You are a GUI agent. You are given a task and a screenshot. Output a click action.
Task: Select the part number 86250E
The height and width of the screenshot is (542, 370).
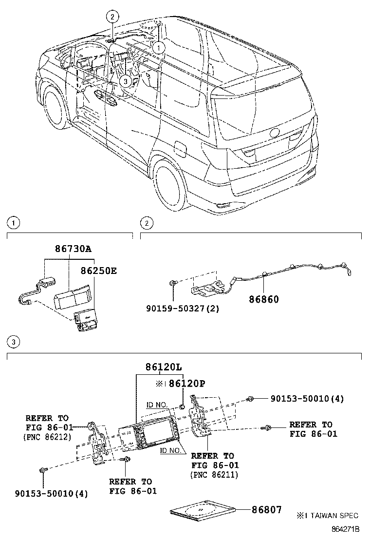98,271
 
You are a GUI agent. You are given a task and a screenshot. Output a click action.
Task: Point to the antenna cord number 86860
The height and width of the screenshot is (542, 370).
262,299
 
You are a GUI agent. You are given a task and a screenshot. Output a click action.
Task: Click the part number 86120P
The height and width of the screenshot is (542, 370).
186,384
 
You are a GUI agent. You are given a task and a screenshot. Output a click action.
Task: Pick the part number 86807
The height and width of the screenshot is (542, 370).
266,510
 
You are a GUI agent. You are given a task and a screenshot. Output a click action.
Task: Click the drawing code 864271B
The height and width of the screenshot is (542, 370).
345,529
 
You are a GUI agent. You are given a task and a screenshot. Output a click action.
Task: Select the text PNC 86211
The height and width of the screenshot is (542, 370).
214,474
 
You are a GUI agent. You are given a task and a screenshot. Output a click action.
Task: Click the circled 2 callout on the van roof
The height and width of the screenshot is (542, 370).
112,17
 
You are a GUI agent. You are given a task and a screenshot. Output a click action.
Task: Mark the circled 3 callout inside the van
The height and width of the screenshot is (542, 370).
126,81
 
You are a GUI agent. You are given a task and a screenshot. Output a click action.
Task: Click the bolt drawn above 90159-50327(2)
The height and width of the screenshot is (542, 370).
173,283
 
